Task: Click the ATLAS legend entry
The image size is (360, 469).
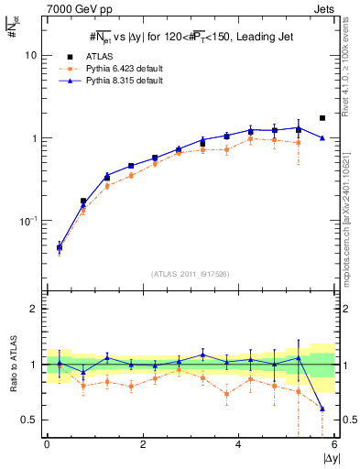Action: click(98, 55)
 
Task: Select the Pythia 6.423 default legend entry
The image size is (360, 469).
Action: click(124, 68)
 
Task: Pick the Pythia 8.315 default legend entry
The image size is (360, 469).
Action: click(124, 81)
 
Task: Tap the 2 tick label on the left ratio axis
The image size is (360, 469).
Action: click(30, 309)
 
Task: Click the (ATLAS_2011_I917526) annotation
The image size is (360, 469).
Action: click(191, 274)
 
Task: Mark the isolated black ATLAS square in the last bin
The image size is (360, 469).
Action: click(322, 118)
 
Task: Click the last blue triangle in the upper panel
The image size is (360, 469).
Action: click(322, 138)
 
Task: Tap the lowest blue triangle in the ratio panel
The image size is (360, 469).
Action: click(322, 409)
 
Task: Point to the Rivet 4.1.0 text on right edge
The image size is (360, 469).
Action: click(350, 57)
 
